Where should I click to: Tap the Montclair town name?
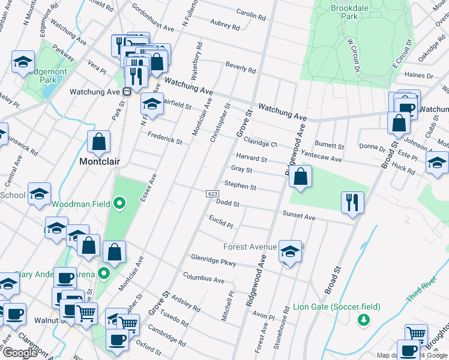(100, 162)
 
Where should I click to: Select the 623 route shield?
(212, 194)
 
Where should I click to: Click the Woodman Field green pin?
(119, 204)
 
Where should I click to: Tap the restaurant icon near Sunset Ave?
(351, 202)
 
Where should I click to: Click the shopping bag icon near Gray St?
(300, 176)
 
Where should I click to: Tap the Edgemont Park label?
(52, 75)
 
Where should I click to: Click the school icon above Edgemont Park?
(23, 62)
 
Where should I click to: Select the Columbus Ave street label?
(203, 280)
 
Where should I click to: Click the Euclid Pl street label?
(221, 224)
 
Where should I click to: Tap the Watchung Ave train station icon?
(127, 92)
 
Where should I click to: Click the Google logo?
(20, 352)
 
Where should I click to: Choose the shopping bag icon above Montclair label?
(99, 142)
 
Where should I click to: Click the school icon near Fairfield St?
(152, 103)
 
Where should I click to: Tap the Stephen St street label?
(240, 186)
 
